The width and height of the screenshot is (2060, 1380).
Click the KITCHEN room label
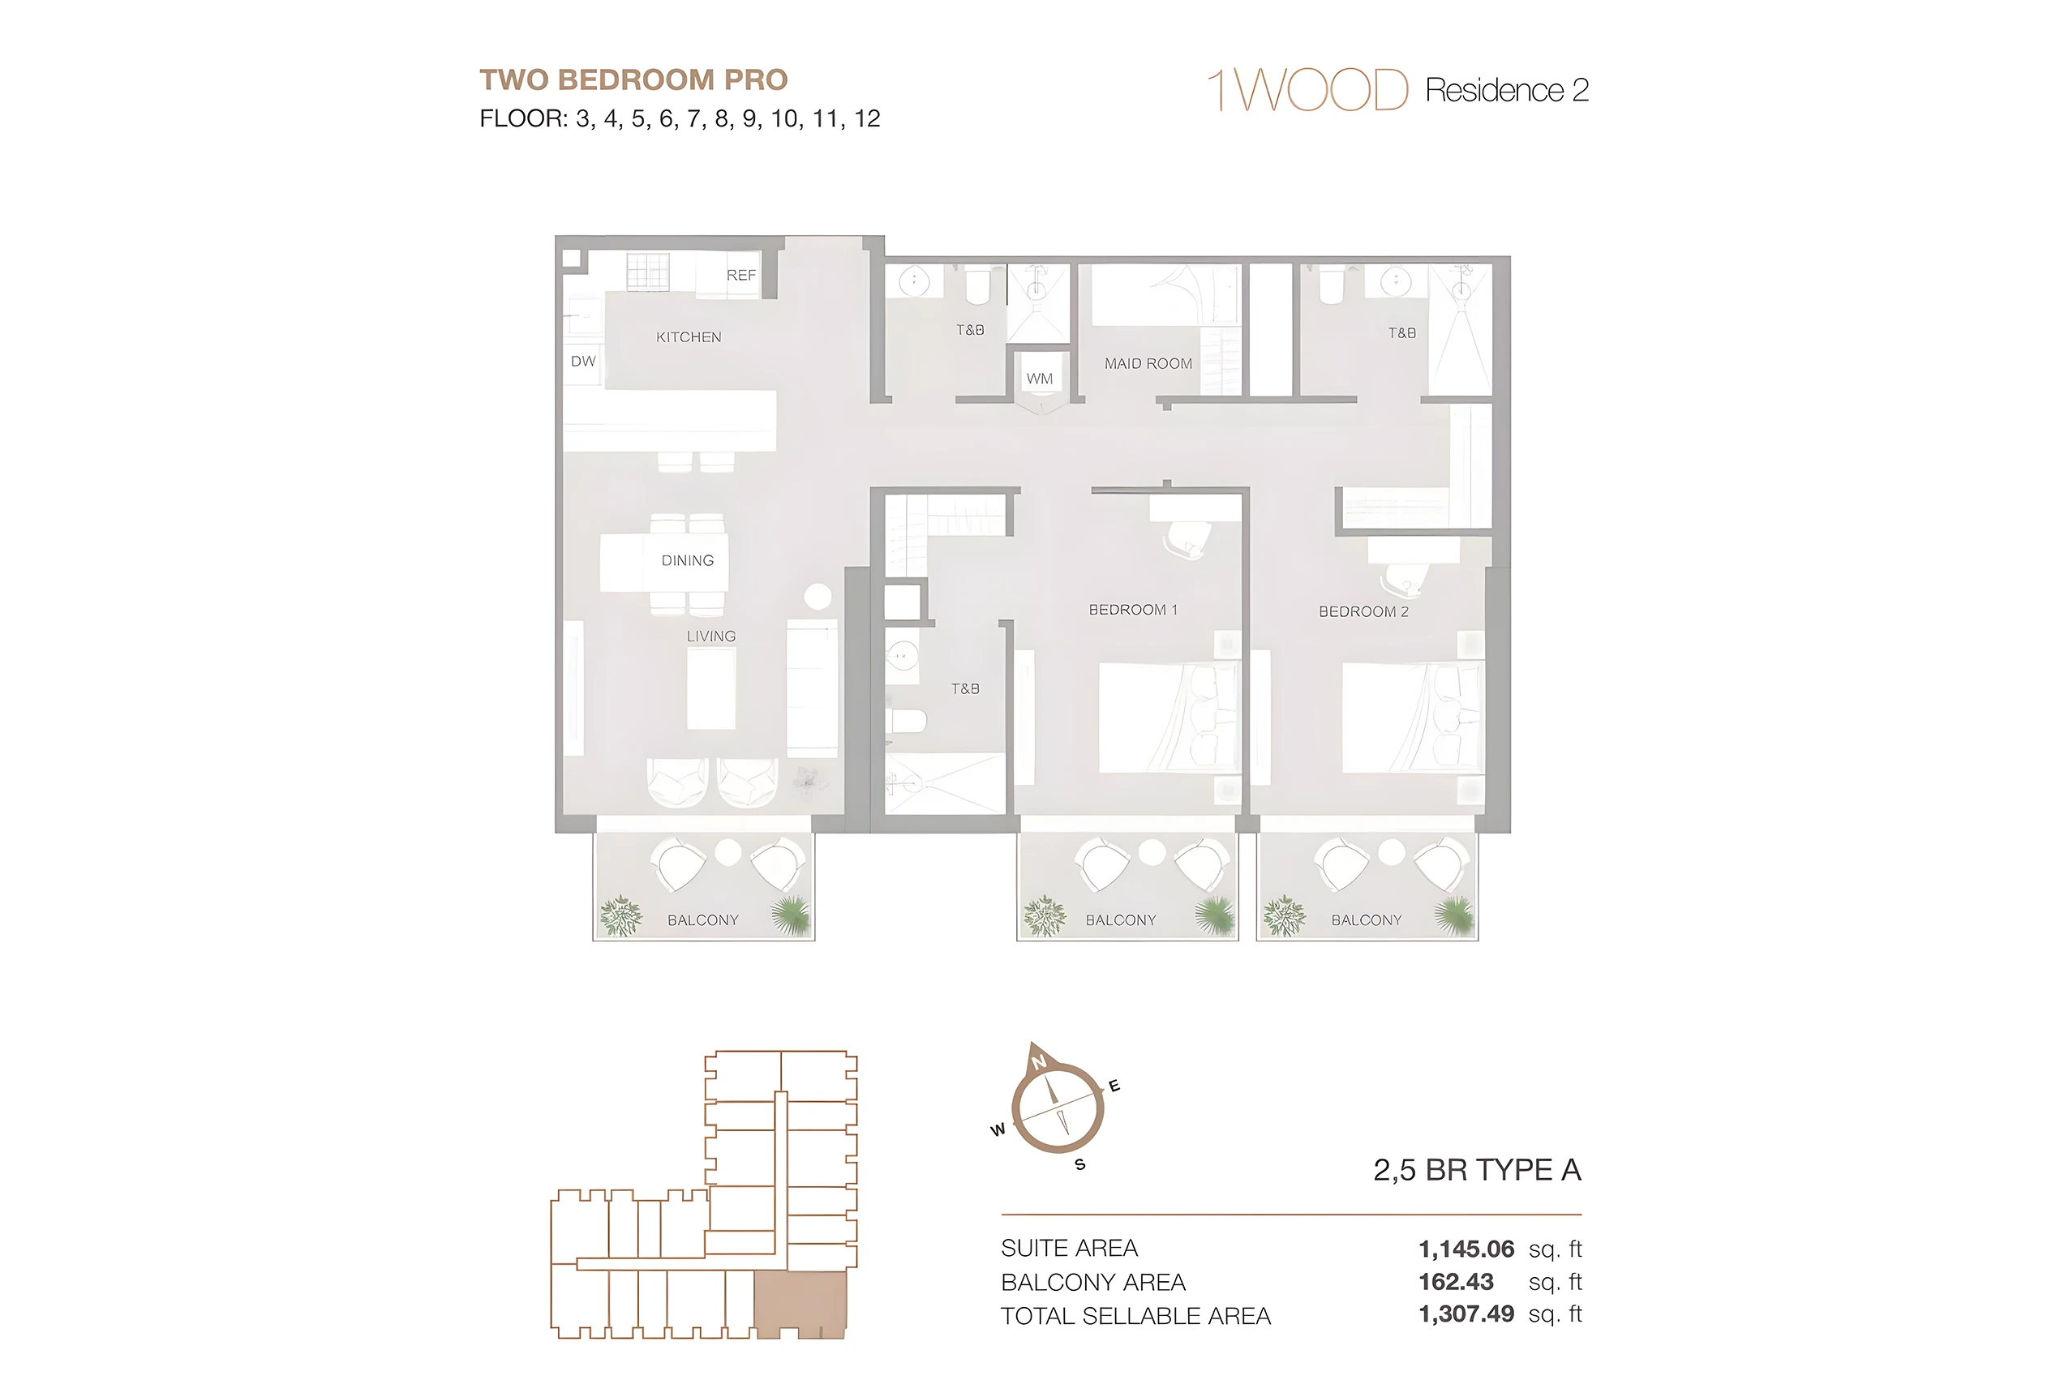pos(689,337)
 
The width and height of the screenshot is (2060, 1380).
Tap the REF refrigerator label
pos(741,276)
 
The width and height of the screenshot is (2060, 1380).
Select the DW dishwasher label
pos(583,361)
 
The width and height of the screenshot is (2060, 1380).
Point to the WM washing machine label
pos(1040,379)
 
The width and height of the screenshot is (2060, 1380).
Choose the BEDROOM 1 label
pos(1133,610)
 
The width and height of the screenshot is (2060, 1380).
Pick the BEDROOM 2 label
pos(1363,611)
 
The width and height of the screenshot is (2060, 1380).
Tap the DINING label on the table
pos(688,560)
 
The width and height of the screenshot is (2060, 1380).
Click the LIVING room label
pos(711,636)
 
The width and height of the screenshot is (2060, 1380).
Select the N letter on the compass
pos(1040,1061)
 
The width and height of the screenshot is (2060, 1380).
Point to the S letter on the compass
pos(1080,1164)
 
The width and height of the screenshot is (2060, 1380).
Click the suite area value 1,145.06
pos(1466,1249)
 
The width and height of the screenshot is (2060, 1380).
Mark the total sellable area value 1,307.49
pos(1466,1314)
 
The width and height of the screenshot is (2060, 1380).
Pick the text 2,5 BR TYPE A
pos(1477,1170)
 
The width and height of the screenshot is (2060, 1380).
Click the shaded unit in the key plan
pos(800,1305)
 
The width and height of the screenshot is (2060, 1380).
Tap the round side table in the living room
pos(818,597)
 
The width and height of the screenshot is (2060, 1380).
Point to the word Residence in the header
pos(1495,90)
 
